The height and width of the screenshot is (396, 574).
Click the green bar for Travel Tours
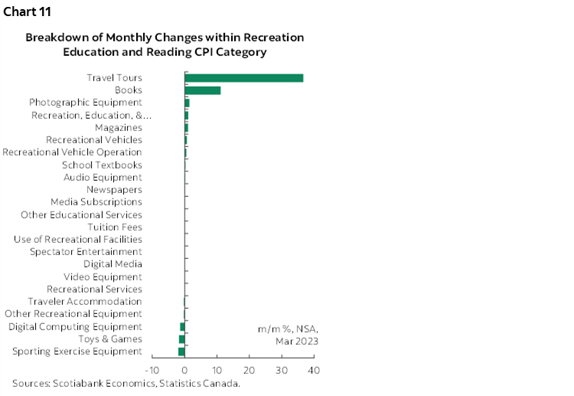pos(243,78)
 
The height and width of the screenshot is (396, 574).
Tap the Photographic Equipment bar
pos(187,103)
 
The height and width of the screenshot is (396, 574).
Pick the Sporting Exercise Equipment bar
pos(181,352)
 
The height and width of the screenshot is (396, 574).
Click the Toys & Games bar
pos(182,339)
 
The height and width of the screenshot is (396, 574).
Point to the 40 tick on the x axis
pos(313,371)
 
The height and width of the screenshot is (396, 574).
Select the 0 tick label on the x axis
pos(185,371)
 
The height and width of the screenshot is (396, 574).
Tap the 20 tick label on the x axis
pos(249,371)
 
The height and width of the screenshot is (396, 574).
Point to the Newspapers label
pos(114,190)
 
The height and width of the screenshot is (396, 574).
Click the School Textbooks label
pos(102,165)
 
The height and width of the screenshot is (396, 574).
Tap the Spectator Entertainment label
pos(86,252)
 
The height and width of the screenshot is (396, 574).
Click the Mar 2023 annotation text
pos(297,341)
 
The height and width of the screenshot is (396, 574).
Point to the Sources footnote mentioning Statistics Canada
pos(126,383)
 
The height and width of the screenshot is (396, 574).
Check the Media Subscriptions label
pos(96,202)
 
